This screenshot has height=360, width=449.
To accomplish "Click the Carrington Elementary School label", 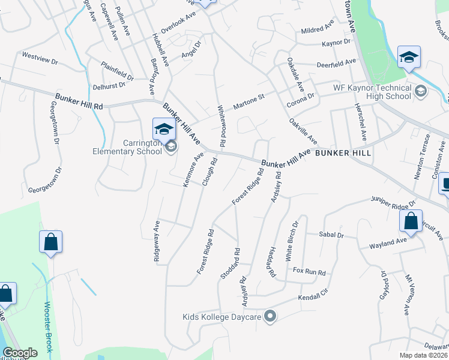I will pyautogui.click(x=127, y=148).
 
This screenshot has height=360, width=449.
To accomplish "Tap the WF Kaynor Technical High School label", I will pyautogui.click(x=372, y=92).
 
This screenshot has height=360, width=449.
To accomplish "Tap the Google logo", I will pyautogui.click(x=20, y=353).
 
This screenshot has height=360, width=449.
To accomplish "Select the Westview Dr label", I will pyautogui.click(x=40, y=61).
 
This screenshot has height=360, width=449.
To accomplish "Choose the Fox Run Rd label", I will pyautogui.click(x=309, y=272).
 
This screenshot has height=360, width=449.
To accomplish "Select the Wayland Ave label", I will pyautogui.click(x=388, y=243).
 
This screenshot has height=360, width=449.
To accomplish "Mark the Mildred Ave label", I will pyautogui.click(x=317, y=29).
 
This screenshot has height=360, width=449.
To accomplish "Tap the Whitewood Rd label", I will pyautogui.click(x=221, y=125).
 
